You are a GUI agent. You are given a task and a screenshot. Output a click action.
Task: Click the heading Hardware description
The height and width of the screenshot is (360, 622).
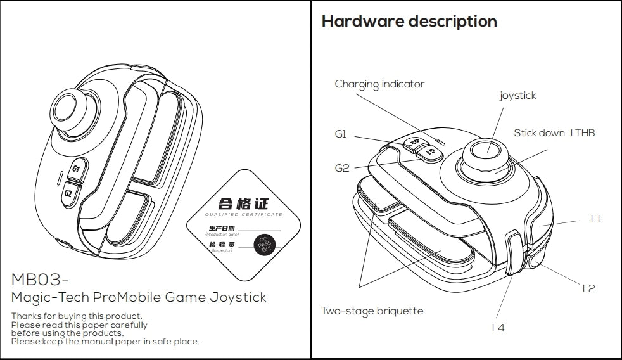tap(409, 22)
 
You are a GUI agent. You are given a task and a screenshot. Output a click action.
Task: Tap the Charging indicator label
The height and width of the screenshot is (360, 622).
tap(379, 84)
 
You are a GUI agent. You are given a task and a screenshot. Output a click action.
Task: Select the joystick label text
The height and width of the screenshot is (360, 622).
tap(517, 96)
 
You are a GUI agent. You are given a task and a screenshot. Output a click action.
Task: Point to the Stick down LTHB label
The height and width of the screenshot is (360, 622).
tap(554, 133)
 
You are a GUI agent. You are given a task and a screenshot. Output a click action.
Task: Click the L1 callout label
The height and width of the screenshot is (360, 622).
tap(595, 219)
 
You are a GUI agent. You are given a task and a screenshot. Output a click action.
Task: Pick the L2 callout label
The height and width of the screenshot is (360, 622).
tap(588, 288)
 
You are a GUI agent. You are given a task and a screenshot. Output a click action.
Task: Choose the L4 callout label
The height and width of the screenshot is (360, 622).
tap(498, 328)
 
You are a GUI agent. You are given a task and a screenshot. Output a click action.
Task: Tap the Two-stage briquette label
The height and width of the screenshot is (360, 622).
tap(372, 311)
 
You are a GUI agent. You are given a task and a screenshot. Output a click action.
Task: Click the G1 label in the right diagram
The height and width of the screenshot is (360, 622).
tap(341, 134)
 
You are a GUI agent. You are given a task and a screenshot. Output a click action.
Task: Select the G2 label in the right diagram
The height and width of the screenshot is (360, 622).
tap(342, 169)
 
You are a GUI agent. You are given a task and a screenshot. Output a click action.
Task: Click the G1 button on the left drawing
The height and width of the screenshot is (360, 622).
tap(77, 169)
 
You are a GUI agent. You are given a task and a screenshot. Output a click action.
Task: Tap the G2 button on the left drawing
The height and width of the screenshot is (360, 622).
tap(68, 193)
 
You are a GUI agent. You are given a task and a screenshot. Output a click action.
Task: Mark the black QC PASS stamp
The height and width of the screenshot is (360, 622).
tap(263, 245)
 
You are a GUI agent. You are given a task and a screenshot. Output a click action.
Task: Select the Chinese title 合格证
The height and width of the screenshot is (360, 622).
tap(243, 203)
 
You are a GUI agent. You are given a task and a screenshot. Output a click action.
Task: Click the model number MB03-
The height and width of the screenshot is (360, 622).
tap(40, 280)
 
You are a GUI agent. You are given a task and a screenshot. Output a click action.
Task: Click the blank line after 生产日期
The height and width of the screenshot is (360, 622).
tap(259, 229)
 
